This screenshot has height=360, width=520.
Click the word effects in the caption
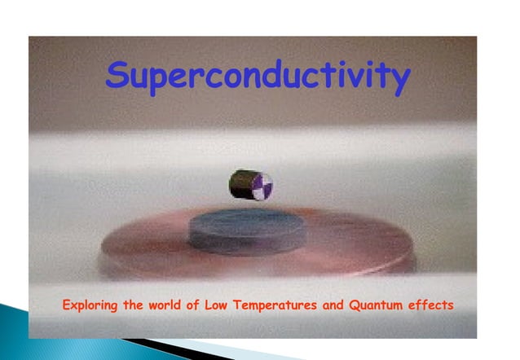coord(433,306)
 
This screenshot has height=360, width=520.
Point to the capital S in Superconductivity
coord(119,77)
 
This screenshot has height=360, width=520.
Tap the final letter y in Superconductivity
coord(399,80)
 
